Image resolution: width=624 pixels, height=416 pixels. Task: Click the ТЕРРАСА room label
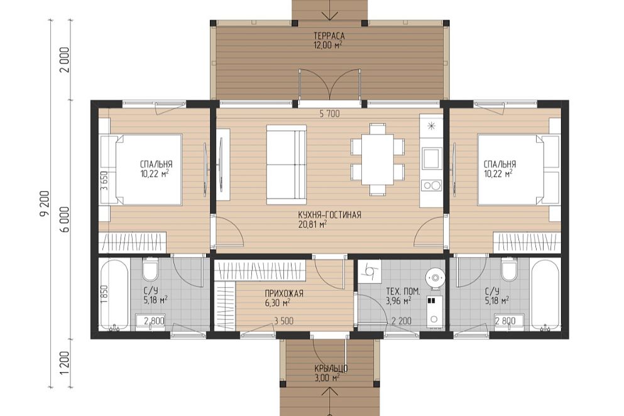click(329, 37)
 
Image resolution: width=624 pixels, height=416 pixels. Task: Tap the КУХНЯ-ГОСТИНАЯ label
click(329, 215)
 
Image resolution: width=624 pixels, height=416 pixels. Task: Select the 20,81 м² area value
click(312, 224)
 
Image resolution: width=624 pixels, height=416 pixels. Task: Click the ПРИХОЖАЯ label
click(284, 294)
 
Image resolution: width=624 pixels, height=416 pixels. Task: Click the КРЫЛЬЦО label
click(331, 369)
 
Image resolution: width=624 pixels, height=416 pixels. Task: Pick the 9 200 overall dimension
click(44, 204)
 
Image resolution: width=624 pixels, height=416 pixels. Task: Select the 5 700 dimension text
click(329, 114)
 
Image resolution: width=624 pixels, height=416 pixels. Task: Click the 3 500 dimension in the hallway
click(283, 321)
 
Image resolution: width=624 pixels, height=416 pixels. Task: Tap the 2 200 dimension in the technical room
click(402, 321)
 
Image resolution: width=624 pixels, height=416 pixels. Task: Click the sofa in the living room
click(286, 164)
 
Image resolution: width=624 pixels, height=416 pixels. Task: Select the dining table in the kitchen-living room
click(377, 159)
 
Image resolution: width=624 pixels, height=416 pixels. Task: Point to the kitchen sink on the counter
click(432, 158)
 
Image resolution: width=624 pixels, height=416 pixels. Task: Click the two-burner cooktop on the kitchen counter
click(432, 185)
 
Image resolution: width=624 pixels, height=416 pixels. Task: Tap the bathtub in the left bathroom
click(113, 295)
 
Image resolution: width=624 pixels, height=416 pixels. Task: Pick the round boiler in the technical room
click(435, 277)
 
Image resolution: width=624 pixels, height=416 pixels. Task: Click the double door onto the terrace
click(330, 84)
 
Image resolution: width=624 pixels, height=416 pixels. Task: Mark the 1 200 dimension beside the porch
click(65, 363)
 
